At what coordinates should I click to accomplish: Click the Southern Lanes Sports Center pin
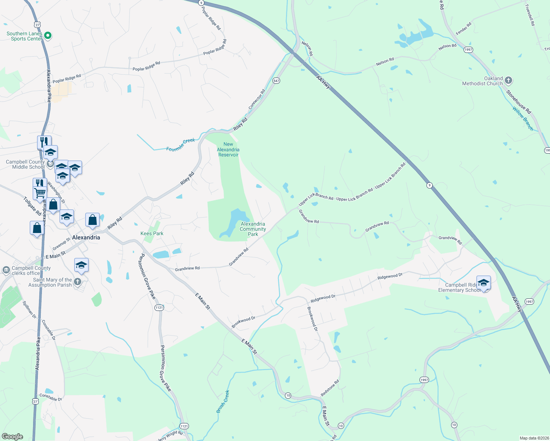[48, 36]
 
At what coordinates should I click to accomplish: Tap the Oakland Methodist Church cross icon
[508, 80]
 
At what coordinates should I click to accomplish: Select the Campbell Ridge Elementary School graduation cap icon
[483, 283]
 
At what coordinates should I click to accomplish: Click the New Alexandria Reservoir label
[228, 150]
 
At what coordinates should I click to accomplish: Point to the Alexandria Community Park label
[253, 229]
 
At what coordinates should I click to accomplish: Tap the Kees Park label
[152, 233]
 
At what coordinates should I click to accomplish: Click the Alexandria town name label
[86, 237]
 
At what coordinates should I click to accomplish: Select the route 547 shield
[276, 80]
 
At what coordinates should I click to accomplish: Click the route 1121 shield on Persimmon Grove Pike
[159, 308]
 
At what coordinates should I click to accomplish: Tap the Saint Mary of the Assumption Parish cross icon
[77, 282]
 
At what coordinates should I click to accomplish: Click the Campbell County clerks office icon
[6, 270]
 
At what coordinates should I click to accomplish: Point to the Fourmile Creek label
[181, 145]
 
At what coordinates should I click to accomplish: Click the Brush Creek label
[223, 401]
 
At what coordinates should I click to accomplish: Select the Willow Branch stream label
[523, 118]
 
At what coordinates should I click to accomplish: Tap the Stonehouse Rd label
[518, 102]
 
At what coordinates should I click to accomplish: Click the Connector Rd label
[257, 100]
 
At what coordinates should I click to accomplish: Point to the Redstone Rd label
[330, 388]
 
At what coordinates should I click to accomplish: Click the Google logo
[12, 437]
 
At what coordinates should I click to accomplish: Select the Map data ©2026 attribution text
[533, 438]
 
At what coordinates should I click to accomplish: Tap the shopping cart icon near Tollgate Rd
[40, 193]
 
